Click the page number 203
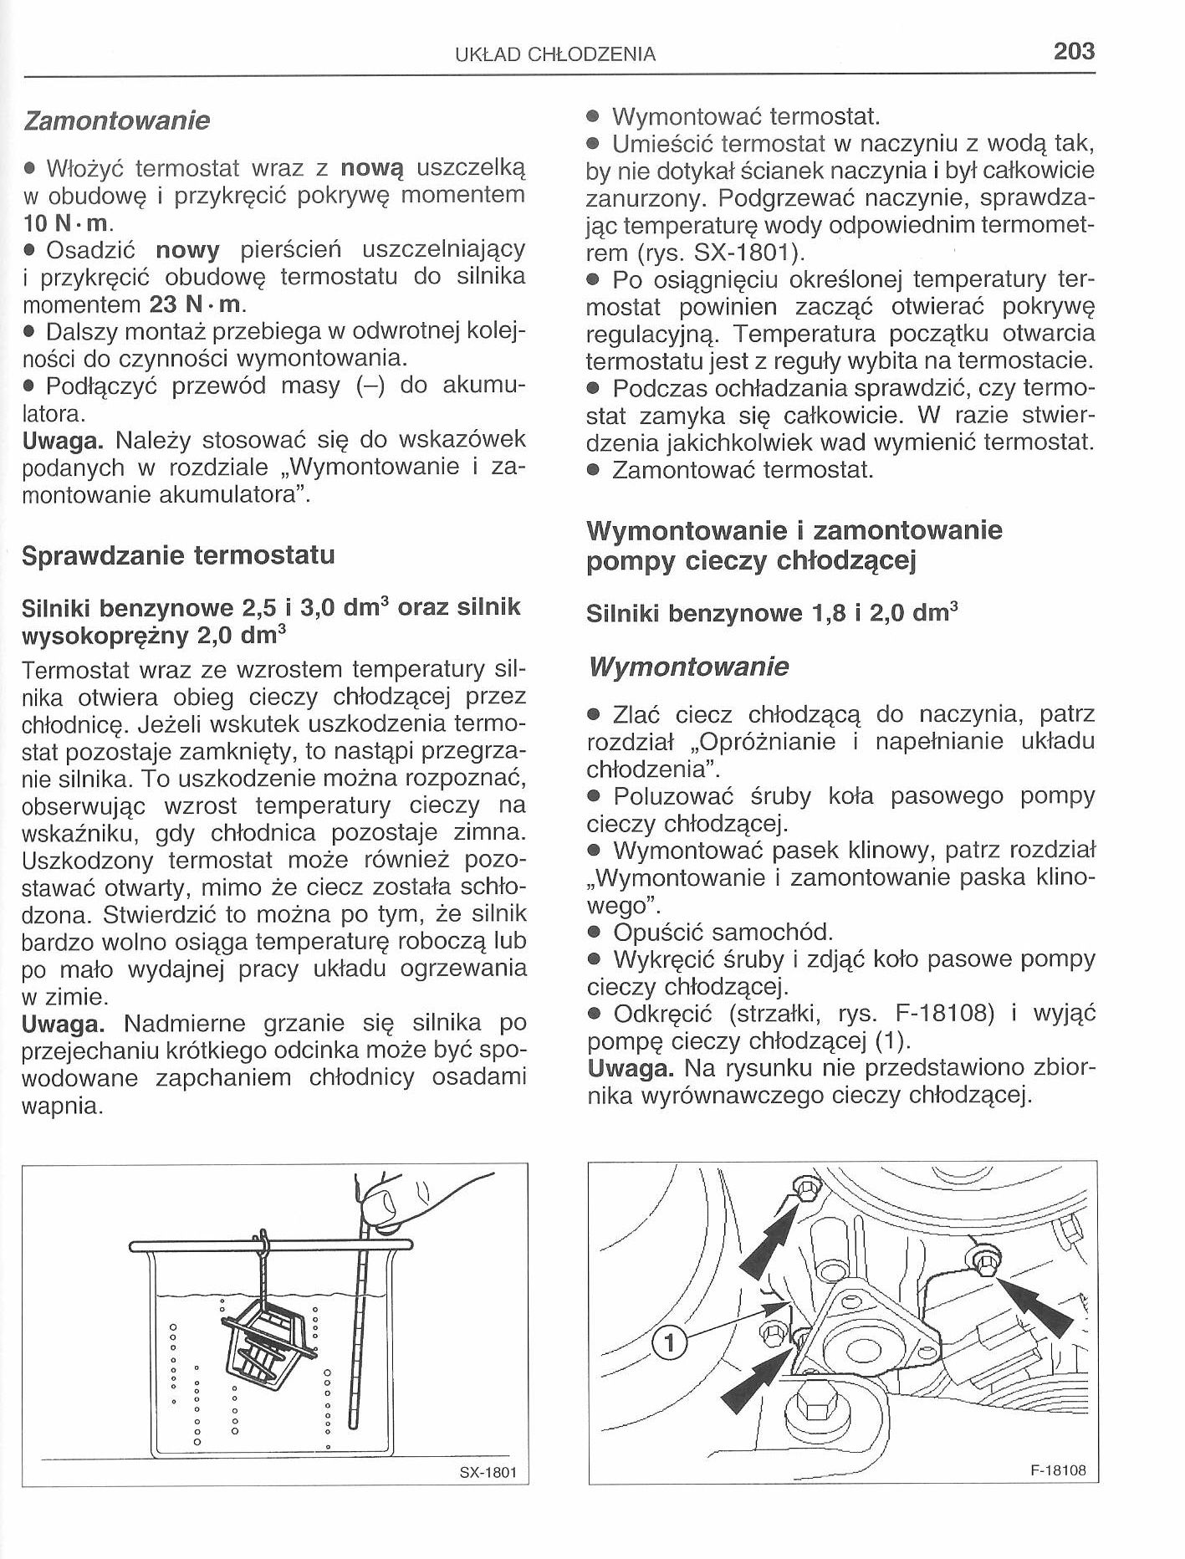(1074, 52)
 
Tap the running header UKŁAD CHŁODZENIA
(555, 55)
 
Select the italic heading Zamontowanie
(116, 121)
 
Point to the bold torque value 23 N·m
(195, 304)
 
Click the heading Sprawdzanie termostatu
(178, 555)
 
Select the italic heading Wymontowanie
(688, 667)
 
